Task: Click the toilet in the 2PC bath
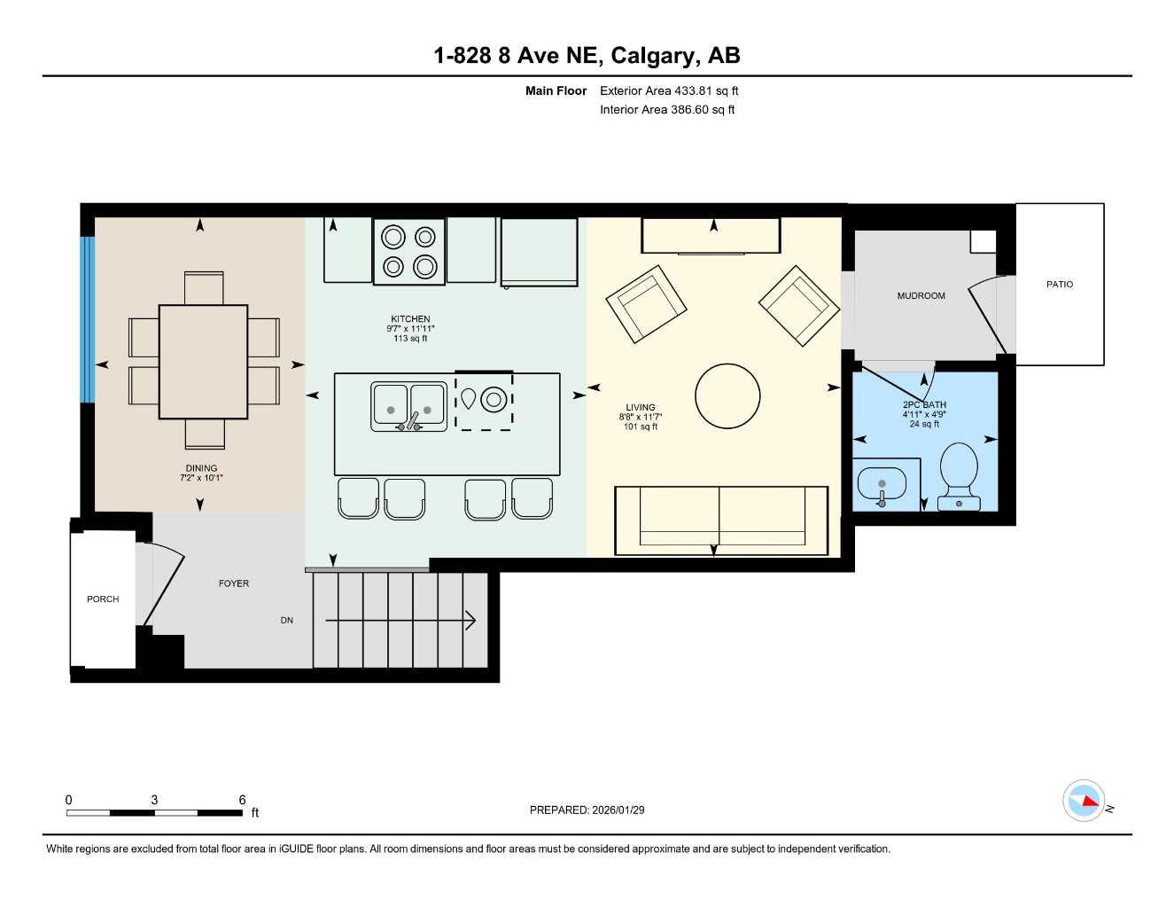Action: pyautogui.click(x=958, y=474)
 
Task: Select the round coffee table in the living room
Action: pyautogui.click(x=727, y=396)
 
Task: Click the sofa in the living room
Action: pyautogui.click(x=720, y=520)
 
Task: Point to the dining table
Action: pyautogui.click(x=203, y=361)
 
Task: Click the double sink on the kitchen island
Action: pyautogui.click(x=408, y=406)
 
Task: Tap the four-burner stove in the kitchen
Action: pyautogui.click(x=408, y=251)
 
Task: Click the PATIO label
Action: pyautogui.click(x=1059, y=285)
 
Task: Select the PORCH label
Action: pyautogui.click(x=103, y=599)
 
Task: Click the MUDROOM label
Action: pyautogui.click(x=921, y=296)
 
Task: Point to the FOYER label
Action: pyautogui.click(x=234, y=583)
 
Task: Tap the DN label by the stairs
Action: pyautogui.click(x=286, y=621)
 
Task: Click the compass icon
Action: pyautogui.click(x=1084, y=801)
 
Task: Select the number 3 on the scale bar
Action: pyautogui.click(x=154, y=800)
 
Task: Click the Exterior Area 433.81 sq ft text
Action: pyautogui.click(x=669, y=90)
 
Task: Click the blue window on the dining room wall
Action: pyautogui.click(x=87, y=319)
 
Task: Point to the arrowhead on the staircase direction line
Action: pyautogui.click(x=470, y=621)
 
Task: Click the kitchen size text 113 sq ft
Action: pyautogui.click(x=410, y=338)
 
